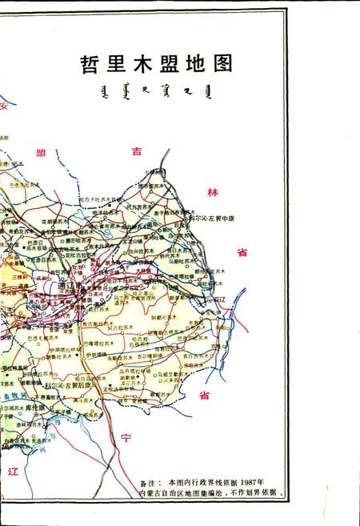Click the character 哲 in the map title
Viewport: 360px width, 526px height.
90,64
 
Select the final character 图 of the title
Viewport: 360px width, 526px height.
221,64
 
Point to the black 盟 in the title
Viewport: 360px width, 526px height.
169,64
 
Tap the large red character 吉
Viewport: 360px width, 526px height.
138,150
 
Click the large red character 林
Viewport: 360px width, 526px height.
212,192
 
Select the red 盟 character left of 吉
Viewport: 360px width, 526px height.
41,151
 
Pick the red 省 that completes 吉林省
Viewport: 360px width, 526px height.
241,253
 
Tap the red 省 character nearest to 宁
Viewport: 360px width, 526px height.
204,396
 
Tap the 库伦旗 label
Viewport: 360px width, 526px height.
34,406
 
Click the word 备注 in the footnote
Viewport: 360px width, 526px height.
150,484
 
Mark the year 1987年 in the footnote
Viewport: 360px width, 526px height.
254,484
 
